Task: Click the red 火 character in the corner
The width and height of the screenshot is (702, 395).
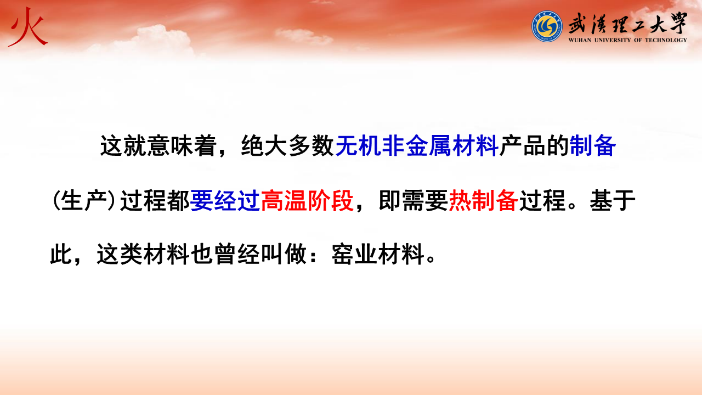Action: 28,27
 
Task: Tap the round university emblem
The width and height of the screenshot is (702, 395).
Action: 547,26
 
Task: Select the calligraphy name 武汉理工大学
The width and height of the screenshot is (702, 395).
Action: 627,24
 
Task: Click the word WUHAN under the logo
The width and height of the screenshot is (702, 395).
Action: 580,40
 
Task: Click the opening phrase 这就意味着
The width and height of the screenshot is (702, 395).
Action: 158,146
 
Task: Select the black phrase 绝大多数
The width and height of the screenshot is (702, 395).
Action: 287,146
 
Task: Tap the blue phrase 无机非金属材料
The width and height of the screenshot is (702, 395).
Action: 417,146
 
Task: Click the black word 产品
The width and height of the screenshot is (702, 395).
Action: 522,146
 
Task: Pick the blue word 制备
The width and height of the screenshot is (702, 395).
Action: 593,146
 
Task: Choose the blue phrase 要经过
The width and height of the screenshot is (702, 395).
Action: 225,200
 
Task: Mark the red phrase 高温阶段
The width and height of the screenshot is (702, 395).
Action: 307,200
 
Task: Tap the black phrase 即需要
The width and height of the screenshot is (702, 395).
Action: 414,200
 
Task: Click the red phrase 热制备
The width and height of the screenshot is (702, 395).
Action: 484,200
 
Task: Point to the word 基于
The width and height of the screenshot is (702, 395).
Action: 613,200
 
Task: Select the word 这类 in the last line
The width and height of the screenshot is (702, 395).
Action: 120,254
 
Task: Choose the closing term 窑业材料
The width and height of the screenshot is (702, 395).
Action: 378,254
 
